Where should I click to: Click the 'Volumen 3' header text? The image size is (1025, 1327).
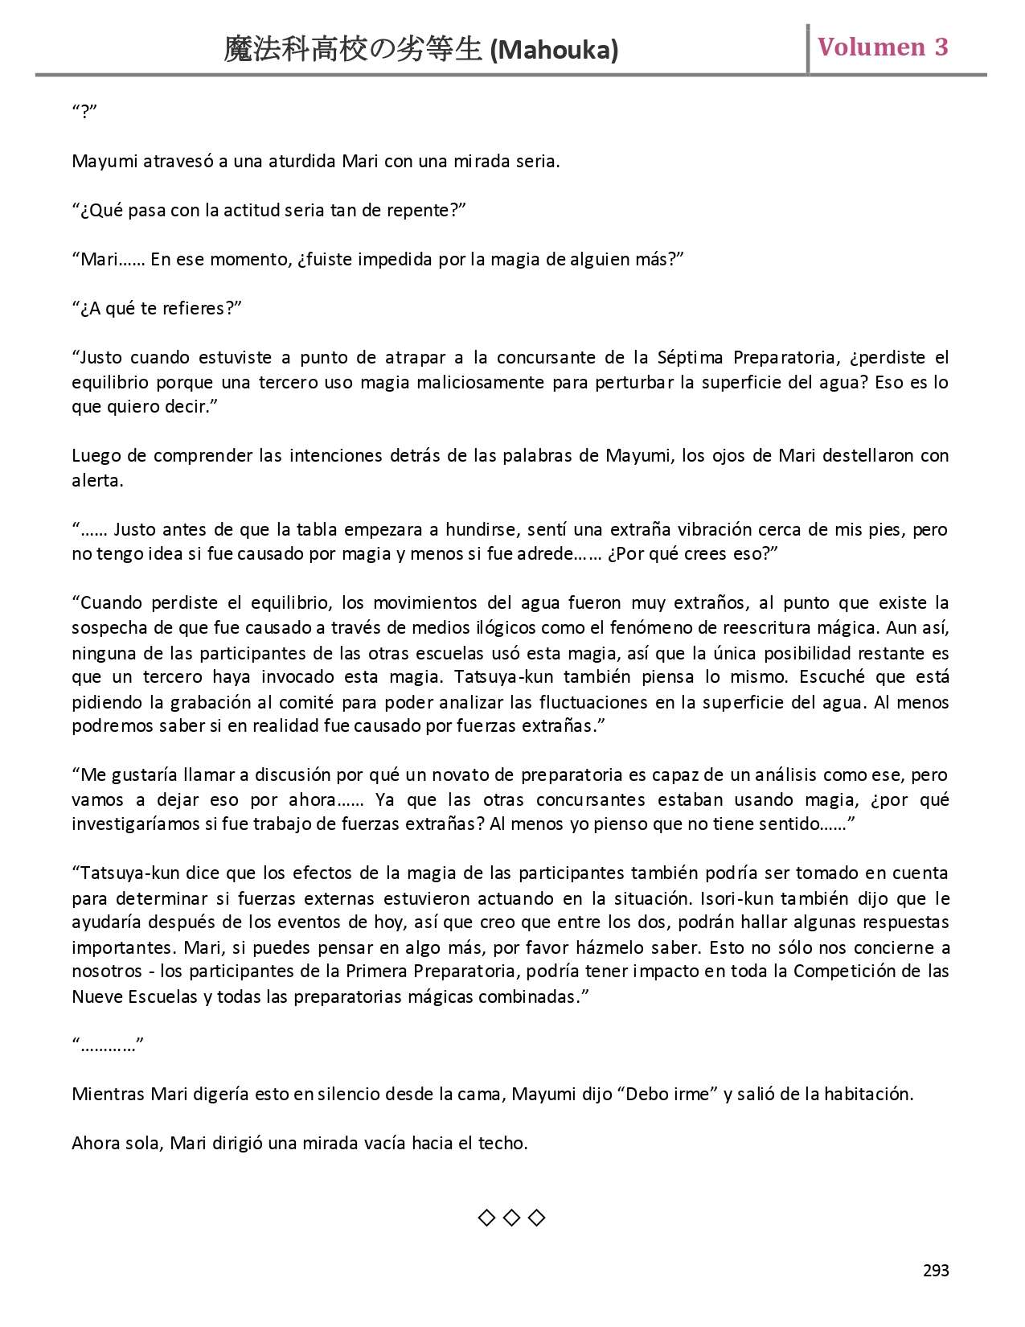[x=883, y=47]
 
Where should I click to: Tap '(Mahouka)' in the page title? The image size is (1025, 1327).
[x=554, y=51]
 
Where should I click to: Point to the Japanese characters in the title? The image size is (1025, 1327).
[x=354, y=51]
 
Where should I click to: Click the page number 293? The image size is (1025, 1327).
[x=936, y=1271]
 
